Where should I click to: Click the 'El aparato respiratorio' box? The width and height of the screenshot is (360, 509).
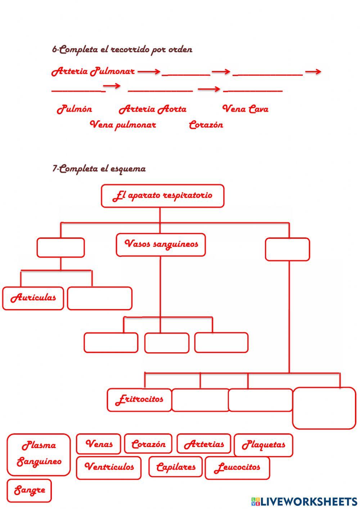(163, 196)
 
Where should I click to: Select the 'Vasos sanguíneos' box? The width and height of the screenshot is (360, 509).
(161, 245)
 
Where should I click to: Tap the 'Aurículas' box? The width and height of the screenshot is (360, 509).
(33, 298)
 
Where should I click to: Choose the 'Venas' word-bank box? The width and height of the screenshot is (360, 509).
(98, 444)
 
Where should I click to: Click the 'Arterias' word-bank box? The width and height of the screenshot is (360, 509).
(204, 444)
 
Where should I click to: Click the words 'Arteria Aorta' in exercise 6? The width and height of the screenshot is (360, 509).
(152, 109)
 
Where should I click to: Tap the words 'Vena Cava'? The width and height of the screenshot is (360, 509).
(245, 109)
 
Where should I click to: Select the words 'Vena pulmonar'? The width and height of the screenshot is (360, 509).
(123, 125)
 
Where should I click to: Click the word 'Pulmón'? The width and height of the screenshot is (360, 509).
(74, 109)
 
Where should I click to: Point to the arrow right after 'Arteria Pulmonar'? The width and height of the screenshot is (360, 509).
(149, 72)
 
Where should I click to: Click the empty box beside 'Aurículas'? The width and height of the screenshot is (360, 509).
(100, 298)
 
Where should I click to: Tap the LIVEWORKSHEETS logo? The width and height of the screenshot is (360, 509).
(304, 501)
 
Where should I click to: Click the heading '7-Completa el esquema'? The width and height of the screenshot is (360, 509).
(99, 169)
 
